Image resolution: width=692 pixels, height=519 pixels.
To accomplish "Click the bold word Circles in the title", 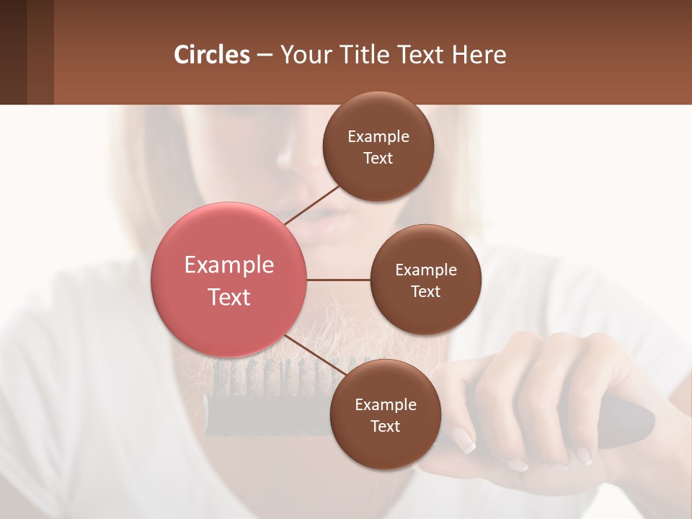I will click(x=212, y=55).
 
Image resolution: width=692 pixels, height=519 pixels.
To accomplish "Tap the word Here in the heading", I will click(x=479, y=55).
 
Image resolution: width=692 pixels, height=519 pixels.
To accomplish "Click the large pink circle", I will click(x=229, y=280).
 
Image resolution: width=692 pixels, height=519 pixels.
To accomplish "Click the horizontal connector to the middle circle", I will click(x=339, y=280).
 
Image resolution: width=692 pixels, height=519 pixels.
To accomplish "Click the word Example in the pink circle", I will click(x=229, y=265).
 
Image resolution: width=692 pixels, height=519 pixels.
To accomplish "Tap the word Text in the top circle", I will click(x=378, y=159).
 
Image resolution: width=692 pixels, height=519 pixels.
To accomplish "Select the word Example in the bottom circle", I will click(x=385, y=405).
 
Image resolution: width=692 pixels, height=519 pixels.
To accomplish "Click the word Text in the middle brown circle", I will click(x=426, y=292).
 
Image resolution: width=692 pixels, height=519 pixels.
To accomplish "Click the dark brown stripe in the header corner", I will click(x=13, y=52).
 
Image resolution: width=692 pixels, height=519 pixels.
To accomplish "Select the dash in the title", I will click(x=265, y=56).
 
